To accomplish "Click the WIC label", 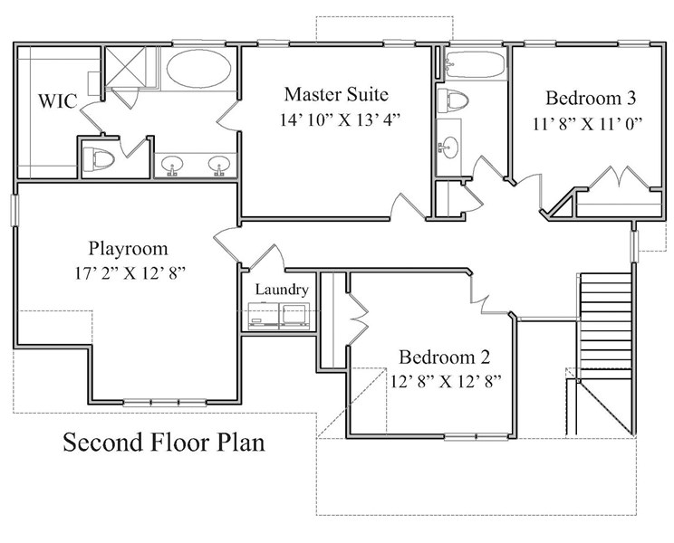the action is point(58,100).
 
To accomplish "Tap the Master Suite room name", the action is point(336,94).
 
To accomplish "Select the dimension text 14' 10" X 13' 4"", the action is point(340,119).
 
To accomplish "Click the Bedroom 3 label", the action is point(591,99).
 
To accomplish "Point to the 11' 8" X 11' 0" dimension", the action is point(588,124).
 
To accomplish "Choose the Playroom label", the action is point(128,249).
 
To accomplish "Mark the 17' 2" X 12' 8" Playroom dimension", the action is point(130,273).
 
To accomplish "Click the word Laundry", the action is point(282,290).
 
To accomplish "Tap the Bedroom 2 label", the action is point(445,357).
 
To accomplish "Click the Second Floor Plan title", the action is point(164,443).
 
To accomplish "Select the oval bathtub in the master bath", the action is point(199,69).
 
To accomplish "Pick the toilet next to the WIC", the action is point(99,158).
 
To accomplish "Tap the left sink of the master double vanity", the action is point(172,165).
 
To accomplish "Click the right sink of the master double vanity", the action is point(219,165).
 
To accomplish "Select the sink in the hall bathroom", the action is point(448,148).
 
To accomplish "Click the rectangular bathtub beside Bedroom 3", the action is point(475,65).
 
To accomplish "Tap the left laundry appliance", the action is point(264,316).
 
